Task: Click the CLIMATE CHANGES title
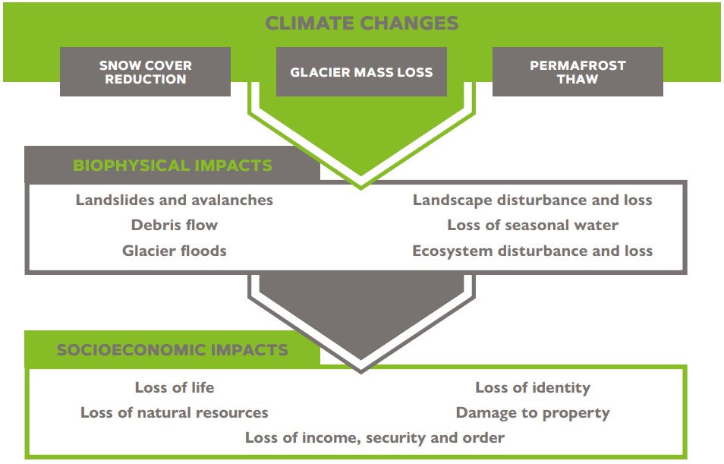click(x=361, y=23)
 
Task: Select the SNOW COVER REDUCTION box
click(x=146, y=71)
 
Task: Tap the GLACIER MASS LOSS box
click(x=361, y=71)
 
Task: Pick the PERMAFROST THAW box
click(x=578, y=71)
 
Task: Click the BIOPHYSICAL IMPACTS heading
click(x=173, y=166)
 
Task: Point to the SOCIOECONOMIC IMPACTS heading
click(x=173, y=350)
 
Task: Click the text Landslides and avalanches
click(x=175, y=200)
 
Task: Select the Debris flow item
click(x=175, y=225)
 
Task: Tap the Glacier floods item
click(x=175, y=251)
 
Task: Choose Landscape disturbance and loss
click(x=533, y=200)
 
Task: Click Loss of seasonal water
click(x=533, y=225)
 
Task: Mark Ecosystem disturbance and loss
click(x=533, y=251)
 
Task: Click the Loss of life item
click(x=175, y=387)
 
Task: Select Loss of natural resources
click(x=175, y=412)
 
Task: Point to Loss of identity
click(x=533, y=387)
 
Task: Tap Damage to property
click(x=533, y=412)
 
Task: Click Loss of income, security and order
click(x=374, y=437)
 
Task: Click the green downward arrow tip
click(x=361, y=188)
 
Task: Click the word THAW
click(x=578, y=79)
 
